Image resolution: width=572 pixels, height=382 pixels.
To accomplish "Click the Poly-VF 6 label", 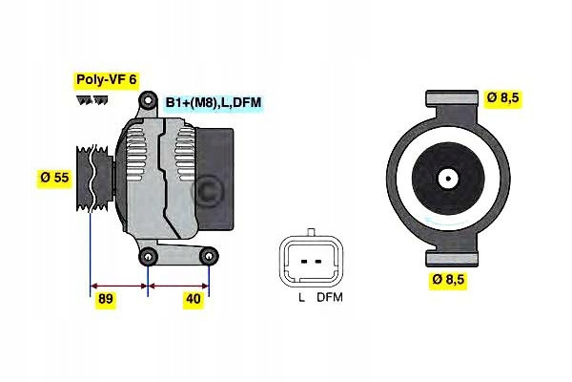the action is point(107,79).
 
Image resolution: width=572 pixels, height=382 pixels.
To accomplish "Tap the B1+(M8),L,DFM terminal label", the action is point(214,102).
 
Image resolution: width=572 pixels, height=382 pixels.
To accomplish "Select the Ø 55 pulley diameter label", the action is point(54,178).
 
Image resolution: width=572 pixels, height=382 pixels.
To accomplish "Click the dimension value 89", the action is point(106,299).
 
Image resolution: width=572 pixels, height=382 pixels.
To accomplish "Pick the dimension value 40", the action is point(194,299).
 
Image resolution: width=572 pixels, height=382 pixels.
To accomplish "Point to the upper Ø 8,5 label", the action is point(503,97).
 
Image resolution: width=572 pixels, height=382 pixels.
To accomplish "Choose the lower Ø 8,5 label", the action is point(448,279).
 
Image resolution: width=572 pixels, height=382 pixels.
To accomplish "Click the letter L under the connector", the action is point(301,298).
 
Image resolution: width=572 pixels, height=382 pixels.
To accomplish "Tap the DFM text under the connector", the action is point(330,298).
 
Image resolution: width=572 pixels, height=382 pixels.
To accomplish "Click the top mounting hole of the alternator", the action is point(147,99).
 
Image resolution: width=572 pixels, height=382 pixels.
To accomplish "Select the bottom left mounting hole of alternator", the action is point(148,257).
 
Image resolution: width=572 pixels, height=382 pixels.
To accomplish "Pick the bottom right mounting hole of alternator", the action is point(209,257).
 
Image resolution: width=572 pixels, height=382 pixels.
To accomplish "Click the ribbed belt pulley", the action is point(94,178).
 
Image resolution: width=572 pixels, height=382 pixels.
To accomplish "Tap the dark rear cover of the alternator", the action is point(214,180).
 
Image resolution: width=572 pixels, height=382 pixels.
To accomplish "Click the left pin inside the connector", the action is point(303,262).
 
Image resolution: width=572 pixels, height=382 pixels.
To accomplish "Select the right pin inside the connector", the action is point(318,262).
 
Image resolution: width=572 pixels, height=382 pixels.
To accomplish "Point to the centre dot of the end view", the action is point(448,179).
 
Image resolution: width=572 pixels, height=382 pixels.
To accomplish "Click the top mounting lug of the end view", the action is point(452,98).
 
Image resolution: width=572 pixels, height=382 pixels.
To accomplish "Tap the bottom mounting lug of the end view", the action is point(452,259).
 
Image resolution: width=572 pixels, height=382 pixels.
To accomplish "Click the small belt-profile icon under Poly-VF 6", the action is point(92,100).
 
